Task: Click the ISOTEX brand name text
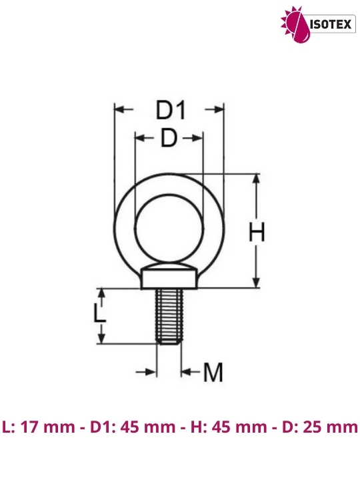pyautogui.click(x=331, y=24)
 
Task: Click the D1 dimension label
pyautogui.click(x=171, y=110)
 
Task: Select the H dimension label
pyautogui.click(x=257, y=232)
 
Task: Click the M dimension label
pyautogui.click(x=213, y=372)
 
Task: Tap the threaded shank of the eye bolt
pyautogui.click(x=169, y=317)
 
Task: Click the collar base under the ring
pyautogui.click(x=169, y=279)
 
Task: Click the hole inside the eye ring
pyautogui.click(x=169, y=229)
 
